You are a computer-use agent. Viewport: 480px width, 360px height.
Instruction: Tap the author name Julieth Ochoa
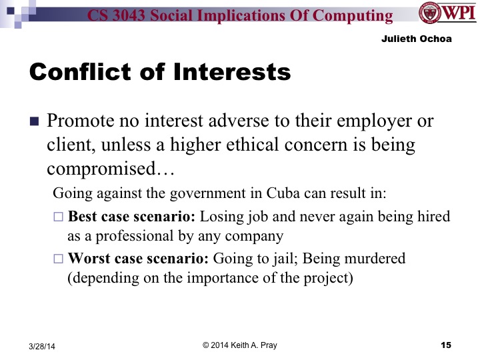point(417,39)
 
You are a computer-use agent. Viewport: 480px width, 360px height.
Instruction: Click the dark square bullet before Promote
point(35,123)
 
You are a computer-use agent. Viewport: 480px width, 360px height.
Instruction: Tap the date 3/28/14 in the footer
point(42,345)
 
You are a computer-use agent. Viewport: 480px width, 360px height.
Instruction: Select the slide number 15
point(446,345)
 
